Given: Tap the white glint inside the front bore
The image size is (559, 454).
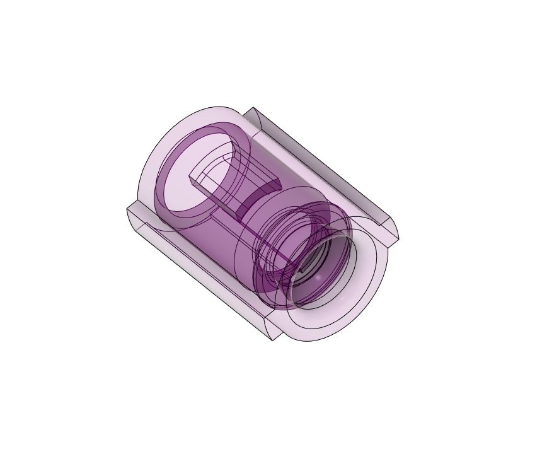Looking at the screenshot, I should pos(320,277).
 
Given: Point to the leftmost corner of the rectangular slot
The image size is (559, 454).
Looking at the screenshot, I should pos(190,179).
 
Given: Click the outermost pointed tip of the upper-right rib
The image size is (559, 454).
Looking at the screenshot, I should pos(399,239).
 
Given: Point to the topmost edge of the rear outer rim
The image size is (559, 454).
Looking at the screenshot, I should pos(217,106).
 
